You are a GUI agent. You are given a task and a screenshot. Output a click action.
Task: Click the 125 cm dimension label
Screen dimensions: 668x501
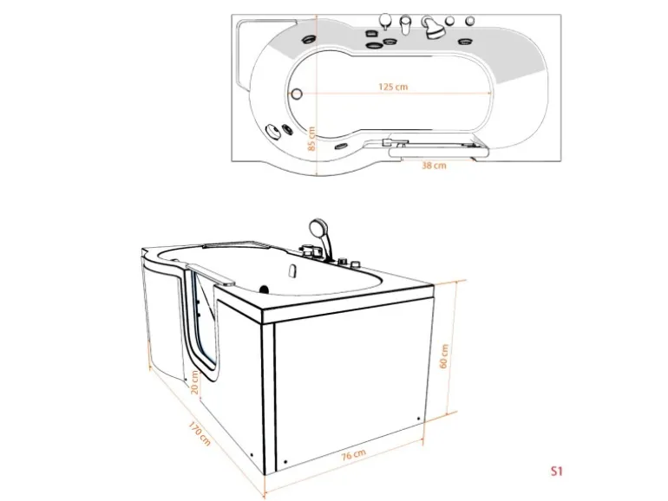tap(393, 87)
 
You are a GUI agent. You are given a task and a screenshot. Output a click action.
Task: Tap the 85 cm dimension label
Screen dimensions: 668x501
tap(311, 139)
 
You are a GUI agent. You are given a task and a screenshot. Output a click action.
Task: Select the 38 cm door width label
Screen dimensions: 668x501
tap(434, 166)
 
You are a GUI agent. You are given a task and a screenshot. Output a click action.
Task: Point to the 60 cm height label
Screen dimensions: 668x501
tap(443, 356)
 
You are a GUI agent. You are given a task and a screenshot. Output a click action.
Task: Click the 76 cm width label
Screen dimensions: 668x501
tap(354, 454)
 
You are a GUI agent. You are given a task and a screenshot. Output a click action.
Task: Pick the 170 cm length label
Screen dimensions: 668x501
tap(200, 433)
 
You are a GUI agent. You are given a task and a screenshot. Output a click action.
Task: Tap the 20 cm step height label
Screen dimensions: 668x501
tap(194, 382)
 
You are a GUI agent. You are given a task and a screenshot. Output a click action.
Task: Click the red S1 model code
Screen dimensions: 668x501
tap(557, 472)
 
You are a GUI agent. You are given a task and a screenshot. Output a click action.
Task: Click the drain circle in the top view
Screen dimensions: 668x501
tap(297, 94)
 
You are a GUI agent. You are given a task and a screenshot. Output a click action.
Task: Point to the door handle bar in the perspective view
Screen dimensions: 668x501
tap(210, 275)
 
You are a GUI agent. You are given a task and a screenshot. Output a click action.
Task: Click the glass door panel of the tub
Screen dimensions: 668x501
tap(204, 323)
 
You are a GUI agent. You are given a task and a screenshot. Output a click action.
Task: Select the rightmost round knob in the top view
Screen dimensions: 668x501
tap(470, 20)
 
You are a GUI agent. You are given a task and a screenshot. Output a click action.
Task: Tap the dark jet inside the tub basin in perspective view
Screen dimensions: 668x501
tap(264, 290)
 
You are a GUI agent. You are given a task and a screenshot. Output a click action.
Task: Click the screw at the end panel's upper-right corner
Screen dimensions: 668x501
tap(418, 419)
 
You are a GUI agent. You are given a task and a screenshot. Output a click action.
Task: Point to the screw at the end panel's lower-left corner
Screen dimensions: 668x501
tap(285, 462)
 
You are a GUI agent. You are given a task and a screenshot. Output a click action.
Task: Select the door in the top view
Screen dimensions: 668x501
tap(439, 147)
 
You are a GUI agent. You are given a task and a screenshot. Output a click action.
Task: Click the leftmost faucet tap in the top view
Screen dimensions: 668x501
tap(385, 22)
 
